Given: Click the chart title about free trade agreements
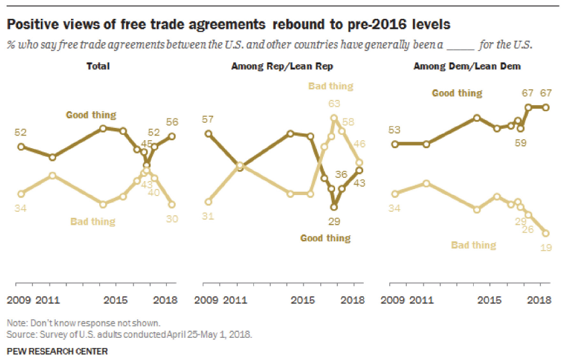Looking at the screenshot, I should [229, 24].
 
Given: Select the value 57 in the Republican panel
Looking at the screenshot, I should [209, 119].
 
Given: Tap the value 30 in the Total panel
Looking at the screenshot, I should [172, 218].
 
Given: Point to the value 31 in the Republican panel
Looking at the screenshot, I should [208, 215].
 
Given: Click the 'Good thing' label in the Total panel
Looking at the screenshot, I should [90, 115].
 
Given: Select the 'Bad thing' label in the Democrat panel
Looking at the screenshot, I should [473, 245].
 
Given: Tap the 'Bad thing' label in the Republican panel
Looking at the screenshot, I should [330, 86].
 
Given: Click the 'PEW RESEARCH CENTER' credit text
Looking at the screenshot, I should [57, 351].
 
